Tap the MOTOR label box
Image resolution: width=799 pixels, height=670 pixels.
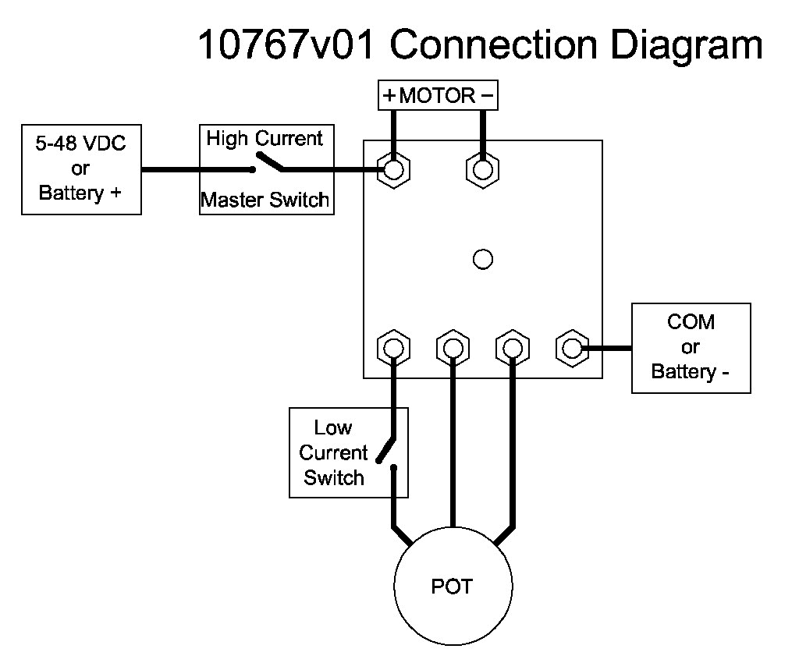438,96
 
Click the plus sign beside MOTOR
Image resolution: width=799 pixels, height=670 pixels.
389,96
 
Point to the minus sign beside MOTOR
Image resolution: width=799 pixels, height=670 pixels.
487,96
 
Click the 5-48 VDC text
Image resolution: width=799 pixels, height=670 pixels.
80,144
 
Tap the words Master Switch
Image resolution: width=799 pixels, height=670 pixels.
265,200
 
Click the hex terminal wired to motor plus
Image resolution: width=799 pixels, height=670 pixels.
394,169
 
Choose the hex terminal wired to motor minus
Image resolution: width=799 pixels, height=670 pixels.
483,169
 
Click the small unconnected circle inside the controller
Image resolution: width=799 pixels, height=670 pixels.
483,259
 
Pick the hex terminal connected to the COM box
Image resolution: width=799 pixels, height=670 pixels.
572,347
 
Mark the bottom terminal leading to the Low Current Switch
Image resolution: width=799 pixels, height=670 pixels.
394,347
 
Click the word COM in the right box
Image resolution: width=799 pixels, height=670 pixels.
691,322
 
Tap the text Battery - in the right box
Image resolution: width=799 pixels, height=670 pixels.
691,371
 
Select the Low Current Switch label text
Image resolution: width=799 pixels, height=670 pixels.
334,452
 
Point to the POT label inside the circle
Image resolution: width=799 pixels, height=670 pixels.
452,586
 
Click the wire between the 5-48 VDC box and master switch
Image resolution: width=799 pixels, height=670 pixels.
170,169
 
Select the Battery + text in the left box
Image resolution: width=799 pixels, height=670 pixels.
80,193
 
